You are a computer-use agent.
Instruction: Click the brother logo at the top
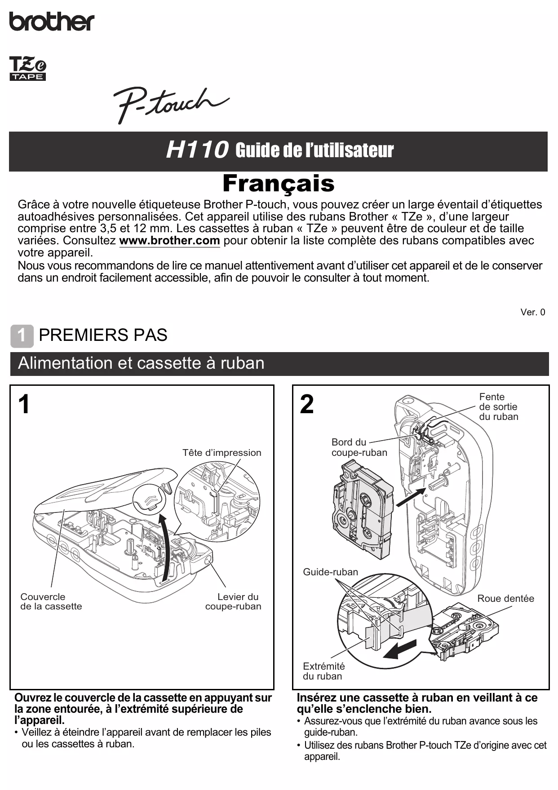52,21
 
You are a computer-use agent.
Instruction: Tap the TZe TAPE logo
28,69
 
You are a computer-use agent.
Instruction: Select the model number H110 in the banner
197,150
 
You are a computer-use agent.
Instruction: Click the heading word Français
279,183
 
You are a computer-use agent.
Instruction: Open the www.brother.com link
169,241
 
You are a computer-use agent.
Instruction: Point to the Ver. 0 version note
532,312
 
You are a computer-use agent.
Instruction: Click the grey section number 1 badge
22,335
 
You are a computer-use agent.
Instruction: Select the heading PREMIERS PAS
103,335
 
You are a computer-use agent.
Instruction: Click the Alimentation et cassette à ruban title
141,363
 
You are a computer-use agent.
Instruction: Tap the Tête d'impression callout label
221,453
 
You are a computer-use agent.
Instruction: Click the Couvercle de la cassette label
51,601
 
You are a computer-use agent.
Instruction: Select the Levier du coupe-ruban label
234,601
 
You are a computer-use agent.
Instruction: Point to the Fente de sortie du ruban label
498,406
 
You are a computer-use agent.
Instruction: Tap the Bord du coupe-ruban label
359,447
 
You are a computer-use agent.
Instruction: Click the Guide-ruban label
330,572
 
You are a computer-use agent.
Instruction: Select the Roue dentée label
505,599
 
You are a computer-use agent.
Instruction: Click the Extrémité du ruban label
323,671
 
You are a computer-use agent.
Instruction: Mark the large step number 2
307,404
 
